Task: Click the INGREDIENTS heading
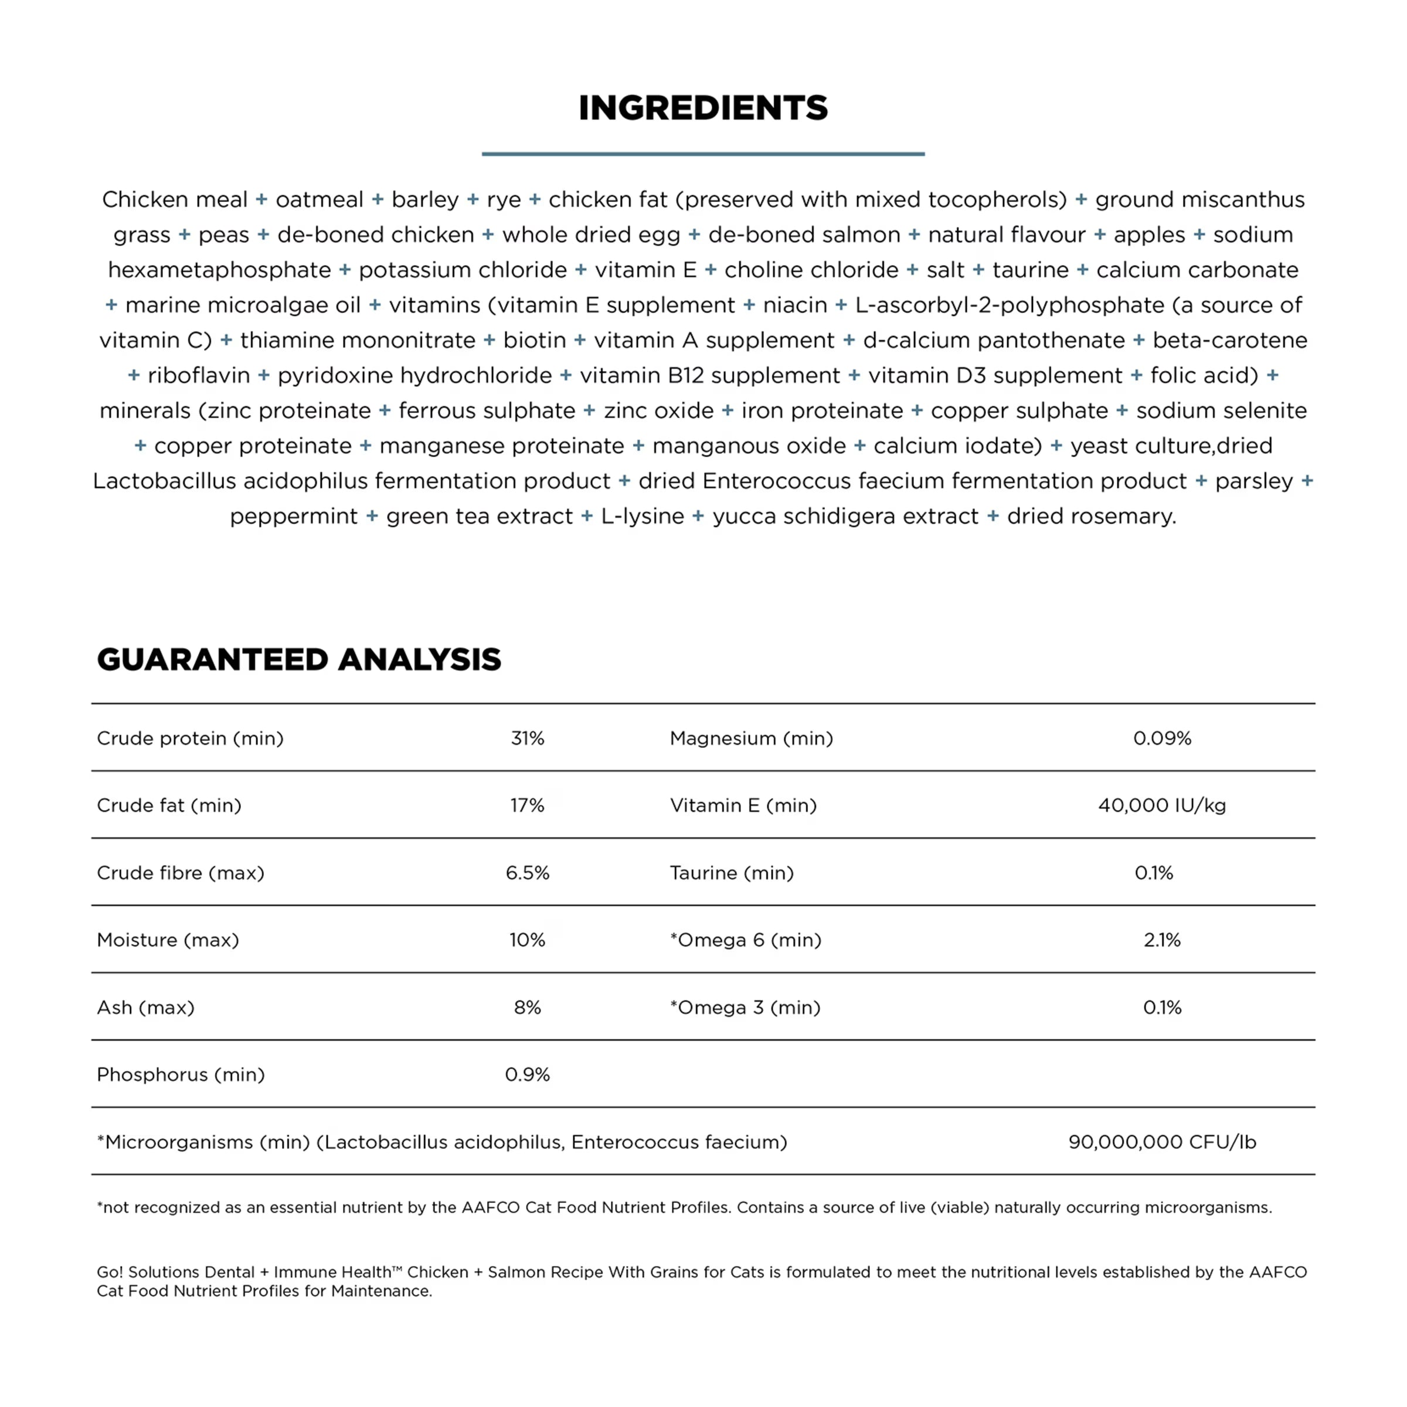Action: click(x=703, y=108)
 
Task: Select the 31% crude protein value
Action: click(x=527, y=739)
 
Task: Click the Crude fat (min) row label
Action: click(x=169, y=806)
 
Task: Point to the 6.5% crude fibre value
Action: click(x=527, y=872)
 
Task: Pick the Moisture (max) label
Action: click(x=168, y=940)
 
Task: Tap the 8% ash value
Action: click(x=527, y=1007)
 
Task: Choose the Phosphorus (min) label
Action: click(x=181, y=1075)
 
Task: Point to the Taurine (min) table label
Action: click(x=731, y=872)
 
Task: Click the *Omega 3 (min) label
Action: click(x=745, y=1007)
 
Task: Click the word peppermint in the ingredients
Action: click(x=294, y=516)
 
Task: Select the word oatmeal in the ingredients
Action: click(x=319, y=199)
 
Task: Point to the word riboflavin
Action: click(x=198, y=375)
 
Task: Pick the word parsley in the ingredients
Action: click(x=1253, y=481)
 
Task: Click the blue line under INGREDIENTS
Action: click(x=703, y=154)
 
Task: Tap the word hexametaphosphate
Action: click(x=219, y=270)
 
